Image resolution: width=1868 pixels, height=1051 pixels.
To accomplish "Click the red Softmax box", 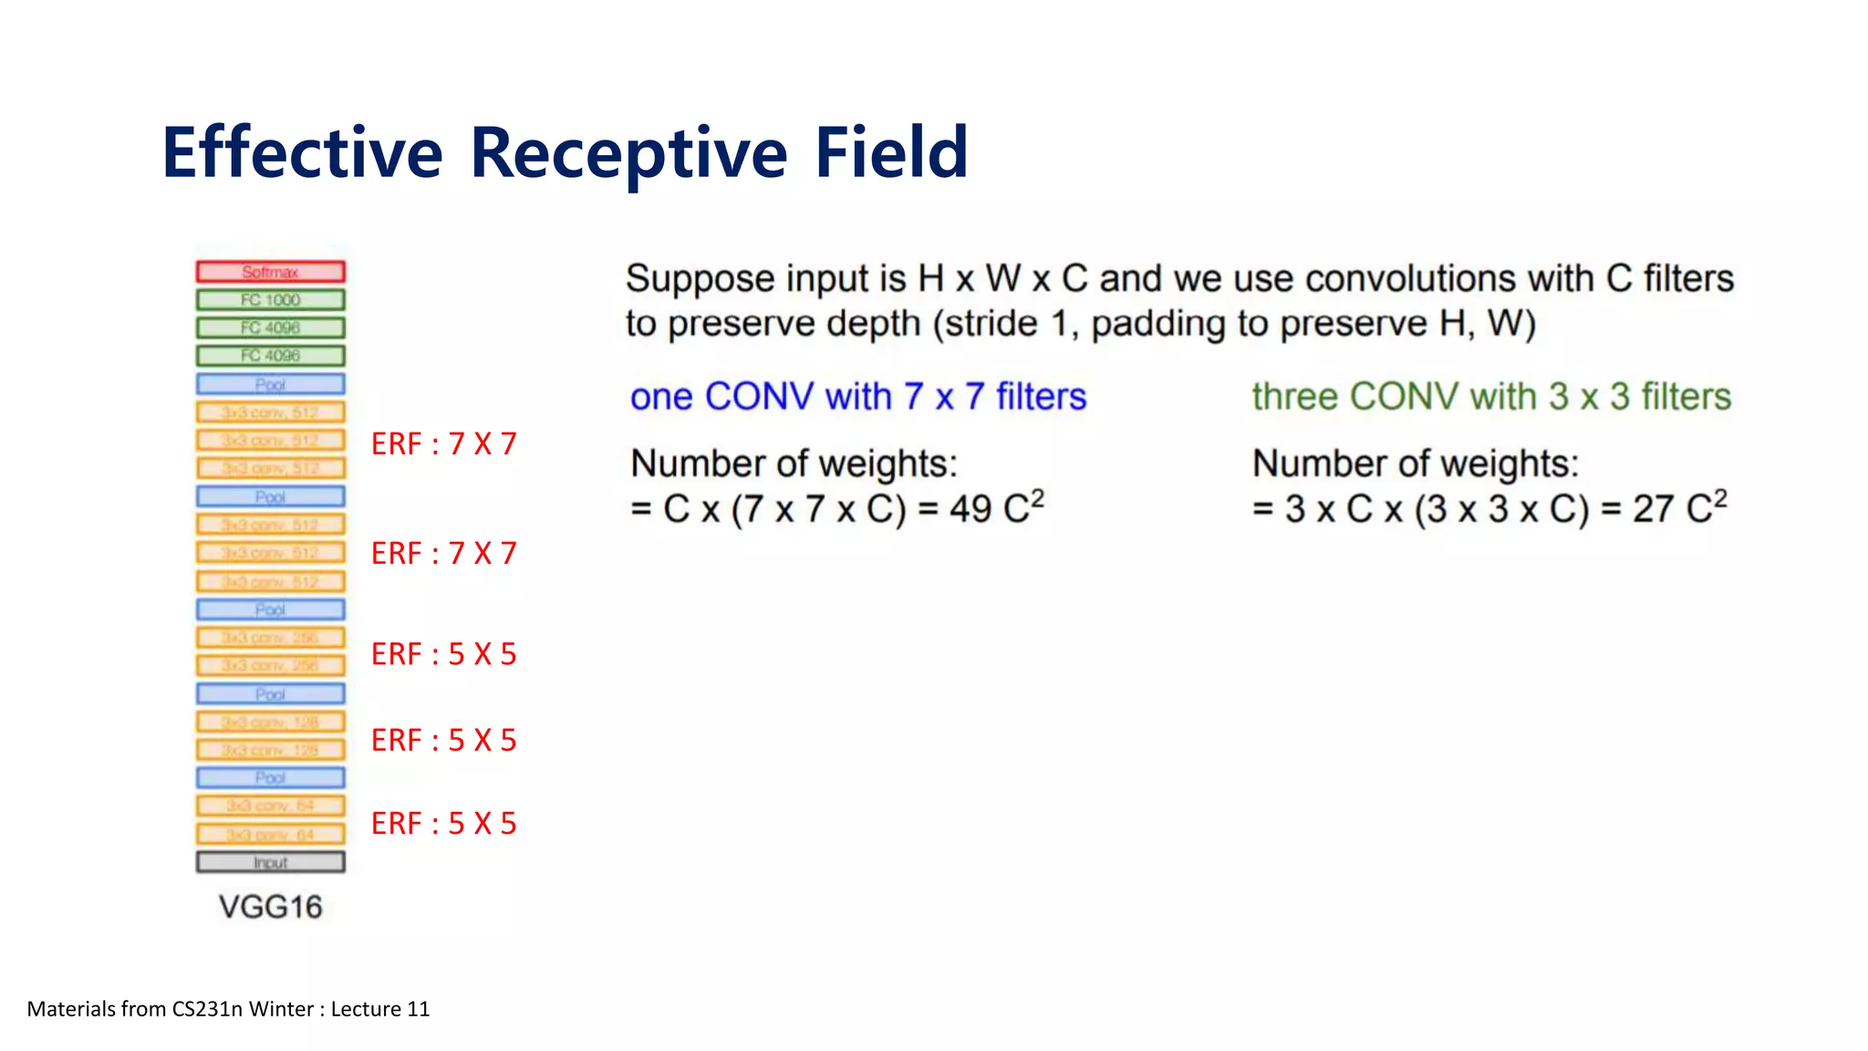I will click(270, 272).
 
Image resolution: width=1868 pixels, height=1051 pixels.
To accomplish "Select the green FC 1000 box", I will click(270, 300).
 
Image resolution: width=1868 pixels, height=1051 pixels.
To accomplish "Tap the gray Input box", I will click(270, 862).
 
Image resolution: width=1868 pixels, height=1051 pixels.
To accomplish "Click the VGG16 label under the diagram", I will click(270, 907).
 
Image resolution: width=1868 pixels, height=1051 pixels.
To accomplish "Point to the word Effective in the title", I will click(302, 152).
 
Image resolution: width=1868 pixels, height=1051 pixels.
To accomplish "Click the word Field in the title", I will click(891, 152).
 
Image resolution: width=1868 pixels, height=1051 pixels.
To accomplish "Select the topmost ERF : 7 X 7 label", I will click(443, 444).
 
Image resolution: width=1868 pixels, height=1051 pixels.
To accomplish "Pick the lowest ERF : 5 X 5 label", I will click(443, 824).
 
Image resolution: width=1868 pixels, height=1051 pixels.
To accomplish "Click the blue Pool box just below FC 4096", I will click(270, 384).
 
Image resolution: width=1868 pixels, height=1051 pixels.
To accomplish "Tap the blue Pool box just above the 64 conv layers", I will click(270, 777).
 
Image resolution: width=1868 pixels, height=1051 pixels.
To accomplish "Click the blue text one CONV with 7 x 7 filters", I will click(857, 397).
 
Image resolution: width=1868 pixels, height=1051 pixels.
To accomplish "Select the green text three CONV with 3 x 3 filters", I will click(1490, 397).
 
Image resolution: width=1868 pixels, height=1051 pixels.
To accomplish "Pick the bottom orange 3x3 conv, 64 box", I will click(270, 834).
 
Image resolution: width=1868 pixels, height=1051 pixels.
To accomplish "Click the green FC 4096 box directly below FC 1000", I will click(270, 328).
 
